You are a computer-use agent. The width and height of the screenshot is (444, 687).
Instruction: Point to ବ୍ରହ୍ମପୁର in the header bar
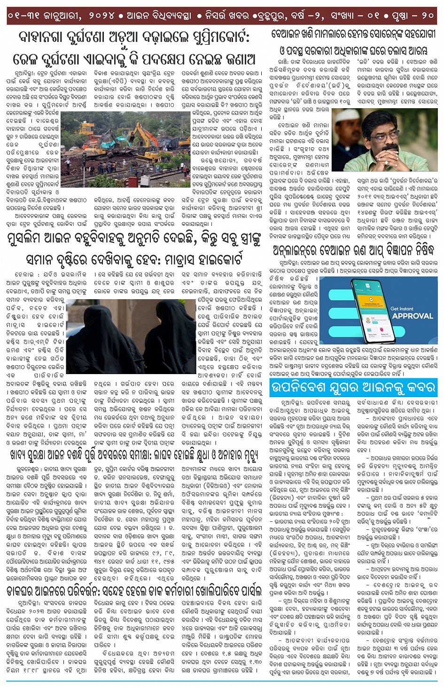click(272, 16)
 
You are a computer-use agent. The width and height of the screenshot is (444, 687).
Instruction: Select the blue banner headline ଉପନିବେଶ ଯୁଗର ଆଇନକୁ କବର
click(352, 388)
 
